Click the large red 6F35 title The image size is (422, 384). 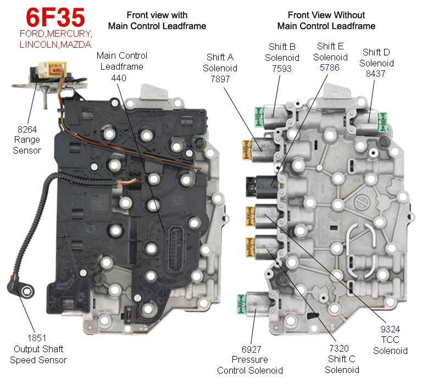click(x=47, y=18)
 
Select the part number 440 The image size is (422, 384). click(x=119, y=78)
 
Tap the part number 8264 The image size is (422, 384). click(x=27, y=130)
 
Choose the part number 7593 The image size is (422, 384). click(x=281, y=69)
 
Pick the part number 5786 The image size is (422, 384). click(x=330, y=69)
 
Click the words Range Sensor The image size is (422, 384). click(x=27, y=145)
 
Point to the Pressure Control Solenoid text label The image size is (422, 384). click(x=250, y=365)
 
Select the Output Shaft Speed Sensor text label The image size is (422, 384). click(x=38, y=354)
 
